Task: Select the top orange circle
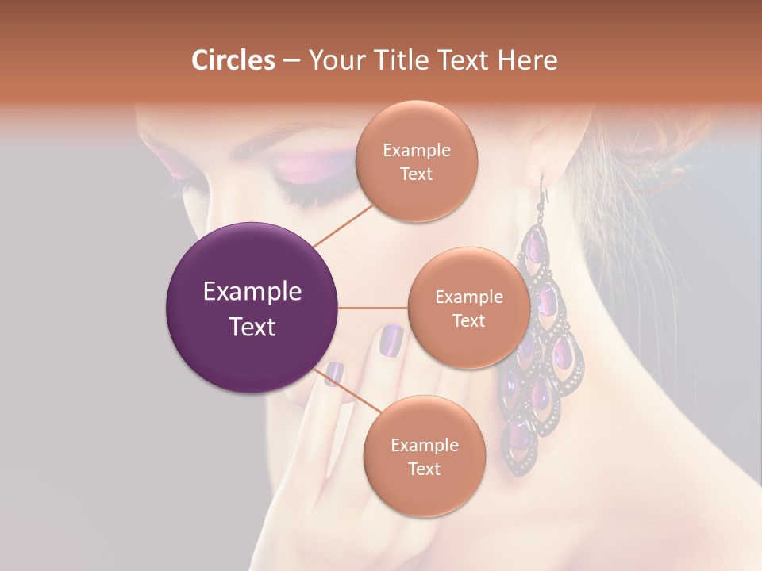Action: [416, 161]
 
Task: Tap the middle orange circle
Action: [468, 308]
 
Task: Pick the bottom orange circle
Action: [424, 456]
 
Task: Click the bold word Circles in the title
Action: [233, 60]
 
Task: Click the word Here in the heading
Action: [528, 60]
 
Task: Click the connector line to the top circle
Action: [343, 224]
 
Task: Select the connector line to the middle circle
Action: [372, 308]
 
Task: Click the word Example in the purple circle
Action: [252, 292]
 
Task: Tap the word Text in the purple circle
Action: [252, 327]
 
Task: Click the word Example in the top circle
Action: [416, 150]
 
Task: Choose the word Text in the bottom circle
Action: [424, 469]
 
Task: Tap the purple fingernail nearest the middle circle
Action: [391, 339]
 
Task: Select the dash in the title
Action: [291, 61]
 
